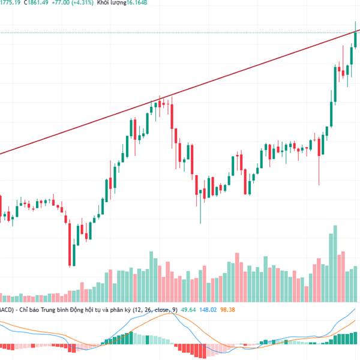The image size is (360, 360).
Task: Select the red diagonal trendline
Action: coord(180,93)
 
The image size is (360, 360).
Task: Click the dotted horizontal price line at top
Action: coord(180,32)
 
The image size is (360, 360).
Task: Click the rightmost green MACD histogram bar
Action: coord(358,338)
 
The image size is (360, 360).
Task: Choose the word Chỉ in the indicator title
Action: coord(23,310)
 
